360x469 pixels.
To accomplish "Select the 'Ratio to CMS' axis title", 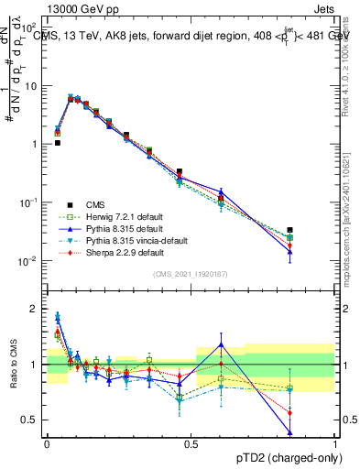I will pyautogui.click(x=13, y=365).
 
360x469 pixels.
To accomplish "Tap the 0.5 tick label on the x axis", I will pyautogui.click(x=191, y=444).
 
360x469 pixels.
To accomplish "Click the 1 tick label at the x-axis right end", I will pyautogui.click(x=336, y=444).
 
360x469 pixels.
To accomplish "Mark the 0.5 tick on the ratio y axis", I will pyautogui.click(x=32, y=420).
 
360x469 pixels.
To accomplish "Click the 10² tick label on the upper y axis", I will pyautogui.click(x=31, y=27).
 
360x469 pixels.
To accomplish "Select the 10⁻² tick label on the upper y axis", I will pyautogui.click(x=31, y=261).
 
